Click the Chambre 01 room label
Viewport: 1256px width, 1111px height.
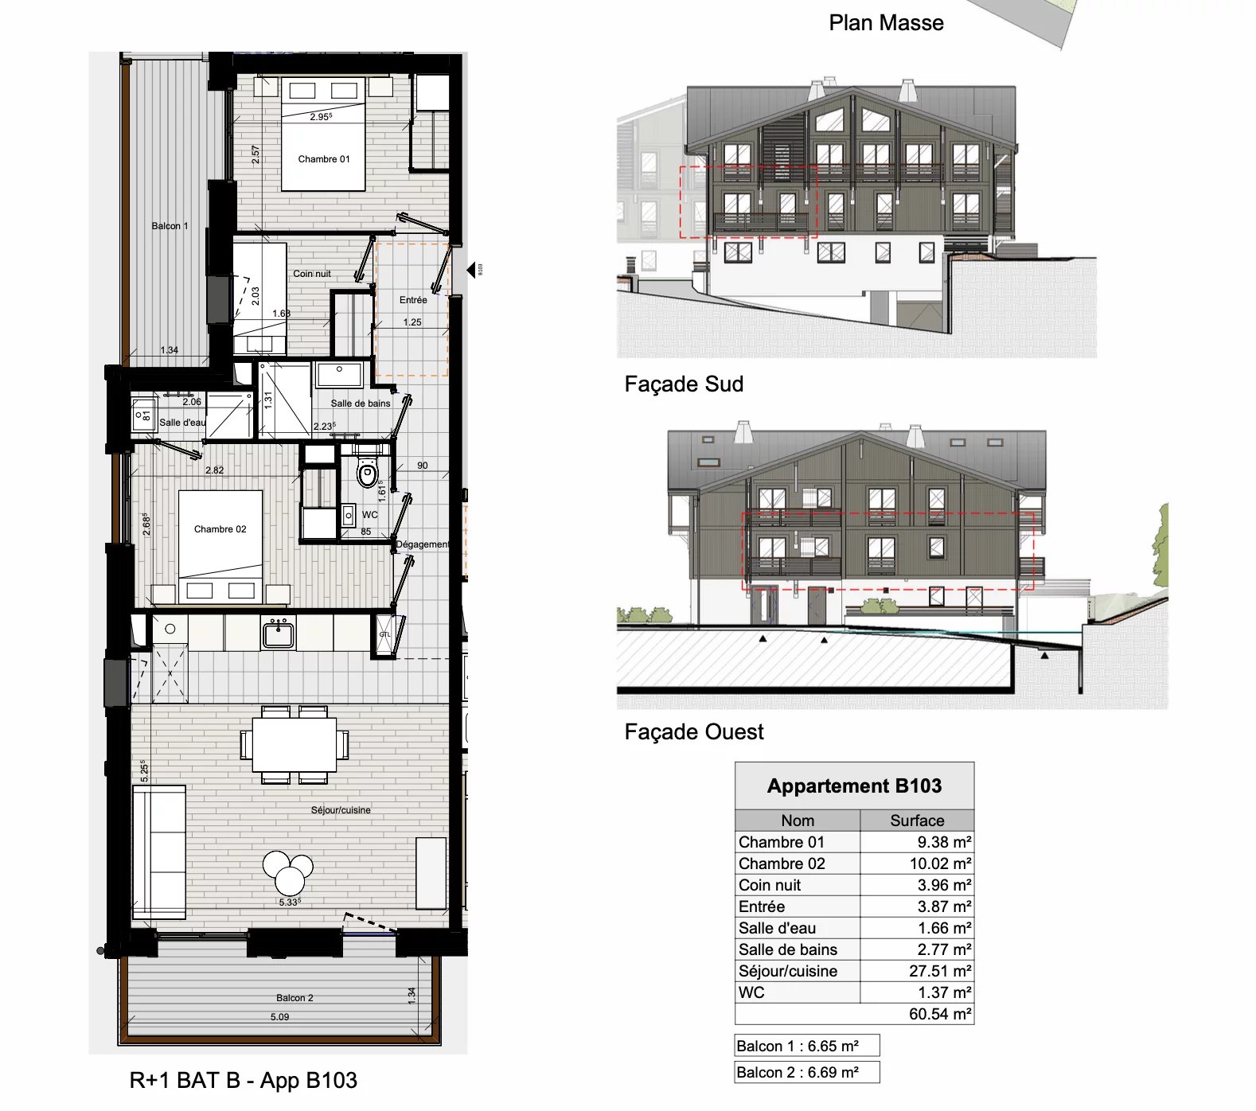(x=323, y=159)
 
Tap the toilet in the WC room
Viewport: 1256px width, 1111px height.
(x=367, y=474)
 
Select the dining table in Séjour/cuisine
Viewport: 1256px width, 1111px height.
(x=294, y=745)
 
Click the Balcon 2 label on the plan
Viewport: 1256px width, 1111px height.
(x=294, y=998)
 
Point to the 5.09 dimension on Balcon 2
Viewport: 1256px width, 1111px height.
(x=279, y=1017)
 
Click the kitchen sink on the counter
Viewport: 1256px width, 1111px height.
(x=279, y=635)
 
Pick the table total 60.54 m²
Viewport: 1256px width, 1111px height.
(x=939, y=1014)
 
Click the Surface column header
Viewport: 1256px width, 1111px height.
(x=917, y=821)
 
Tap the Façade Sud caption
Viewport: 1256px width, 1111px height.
(x=684, y=384)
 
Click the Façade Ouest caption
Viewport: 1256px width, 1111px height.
(x=693, y=732)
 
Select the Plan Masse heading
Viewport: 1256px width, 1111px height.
(x=886, y=23)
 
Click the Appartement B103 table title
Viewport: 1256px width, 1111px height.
(x=854, y=786)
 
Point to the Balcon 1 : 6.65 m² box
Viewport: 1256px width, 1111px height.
(x=806, y=1046)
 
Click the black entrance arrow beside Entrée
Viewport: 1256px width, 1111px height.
(x=471, y=270)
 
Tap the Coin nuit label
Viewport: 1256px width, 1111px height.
(x=311, y=274)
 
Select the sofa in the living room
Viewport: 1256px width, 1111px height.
(x=159, y=852)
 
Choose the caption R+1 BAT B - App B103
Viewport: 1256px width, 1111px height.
(x=243, y=1081)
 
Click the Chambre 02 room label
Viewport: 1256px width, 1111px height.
(x=220, y=529)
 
